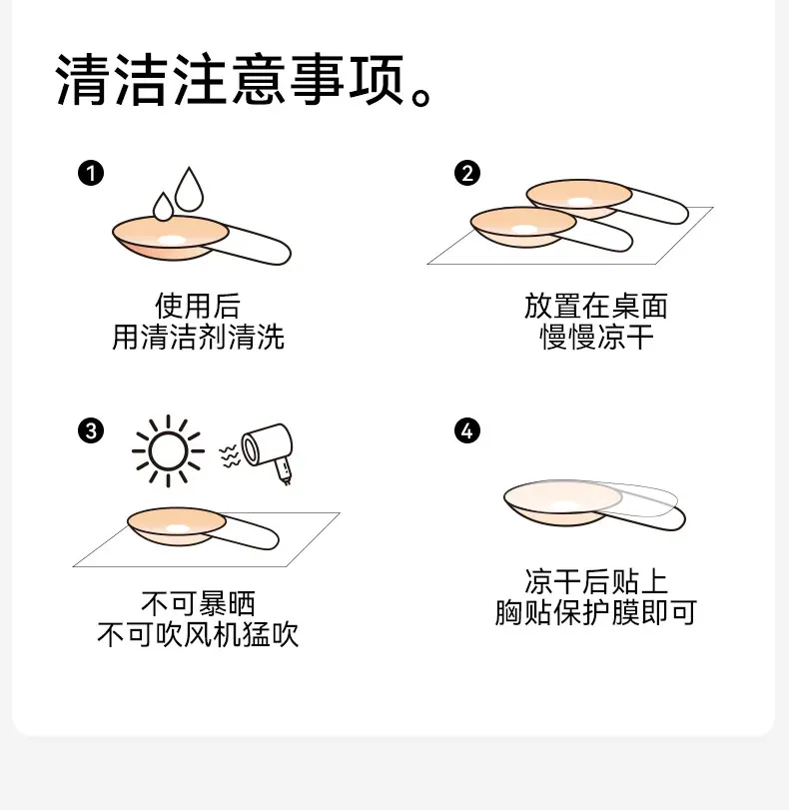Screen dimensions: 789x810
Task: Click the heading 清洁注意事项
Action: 230,80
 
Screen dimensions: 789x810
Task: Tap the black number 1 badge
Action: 91,173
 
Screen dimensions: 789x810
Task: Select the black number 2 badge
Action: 467,173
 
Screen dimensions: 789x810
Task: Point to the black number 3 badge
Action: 91,430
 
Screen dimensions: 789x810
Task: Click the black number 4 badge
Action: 467,430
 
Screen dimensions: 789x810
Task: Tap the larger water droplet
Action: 189,190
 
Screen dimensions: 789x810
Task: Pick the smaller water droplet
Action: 163,207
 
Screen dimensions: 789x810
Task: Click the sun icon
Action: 168,451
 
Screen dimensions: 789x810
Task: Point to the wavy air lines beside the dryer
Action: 230,455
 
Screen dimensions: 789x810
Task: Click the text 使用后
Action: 198,306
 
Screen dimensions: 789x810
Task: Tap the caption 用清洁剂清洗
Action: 198,337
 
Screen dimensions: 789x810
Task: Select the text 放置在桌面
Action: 596,306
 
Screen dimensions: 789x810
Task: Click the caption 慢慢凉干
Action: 596,337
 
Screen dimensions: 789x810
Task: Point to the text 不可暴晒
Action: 198,603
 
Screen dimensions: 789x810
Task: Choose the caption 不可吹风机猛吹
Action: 198,634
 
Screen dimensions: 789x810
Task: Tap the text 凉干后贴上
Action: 596,581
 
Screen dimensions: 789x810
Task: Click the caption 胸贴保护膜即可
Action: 596,612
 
